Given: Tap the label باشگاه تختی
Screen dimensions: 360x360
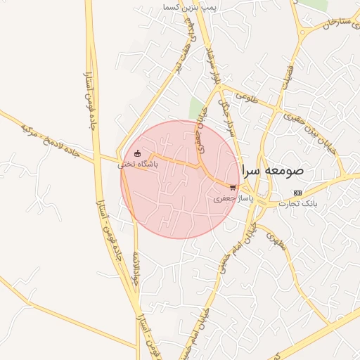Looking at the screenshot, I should coord(138,164).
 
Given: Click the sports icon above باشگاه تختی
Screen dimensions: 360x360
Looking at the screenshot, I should coord(137,154).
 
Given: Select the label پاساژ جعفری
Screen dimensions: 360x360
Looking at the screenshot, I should coord(231,199).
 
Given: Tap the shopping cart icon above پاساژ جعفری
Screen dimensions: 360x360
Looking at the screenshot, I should coord(233,188).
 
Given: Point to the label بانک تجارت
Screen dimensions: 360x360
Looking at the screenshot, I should coord(297,203).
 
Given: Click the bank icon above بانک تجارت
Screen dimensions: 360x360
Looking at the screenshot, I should coord(297,193).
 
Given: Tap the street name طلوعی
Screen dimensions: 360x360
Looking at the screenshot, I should coord(247,99).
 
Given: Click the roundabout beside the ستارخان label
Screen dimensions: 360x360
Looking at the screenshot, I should coord(302,31).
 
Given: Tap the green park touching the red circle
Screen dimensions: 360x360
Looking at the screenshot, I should coord(196,109).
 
